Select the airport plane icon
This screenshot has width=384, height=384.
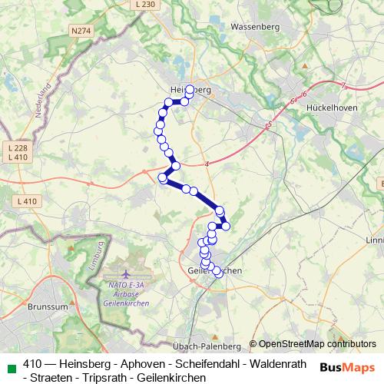pos(126,274)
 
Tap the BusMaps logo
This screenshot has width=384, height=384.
pos(347,366)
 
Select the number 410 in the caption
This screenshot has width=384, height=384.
pos(33,364)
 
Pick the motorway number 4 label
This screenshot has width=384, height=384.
pos(207,163)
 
